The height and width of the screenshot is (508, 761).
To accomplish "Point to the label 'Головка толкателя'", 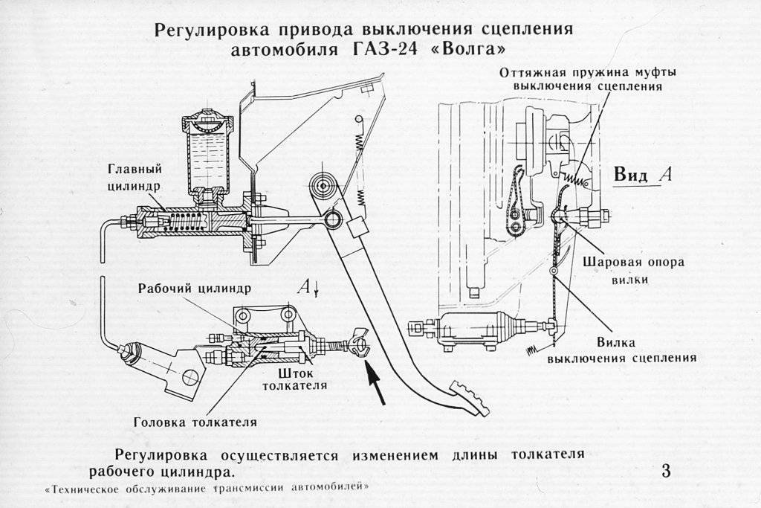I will tap(195, 422).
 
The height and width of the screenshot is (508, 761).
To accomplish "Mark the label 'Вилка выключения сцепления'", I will tap(621, 350).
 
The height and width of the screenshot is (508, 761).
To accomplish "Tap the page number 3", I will tap(666, 471).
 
